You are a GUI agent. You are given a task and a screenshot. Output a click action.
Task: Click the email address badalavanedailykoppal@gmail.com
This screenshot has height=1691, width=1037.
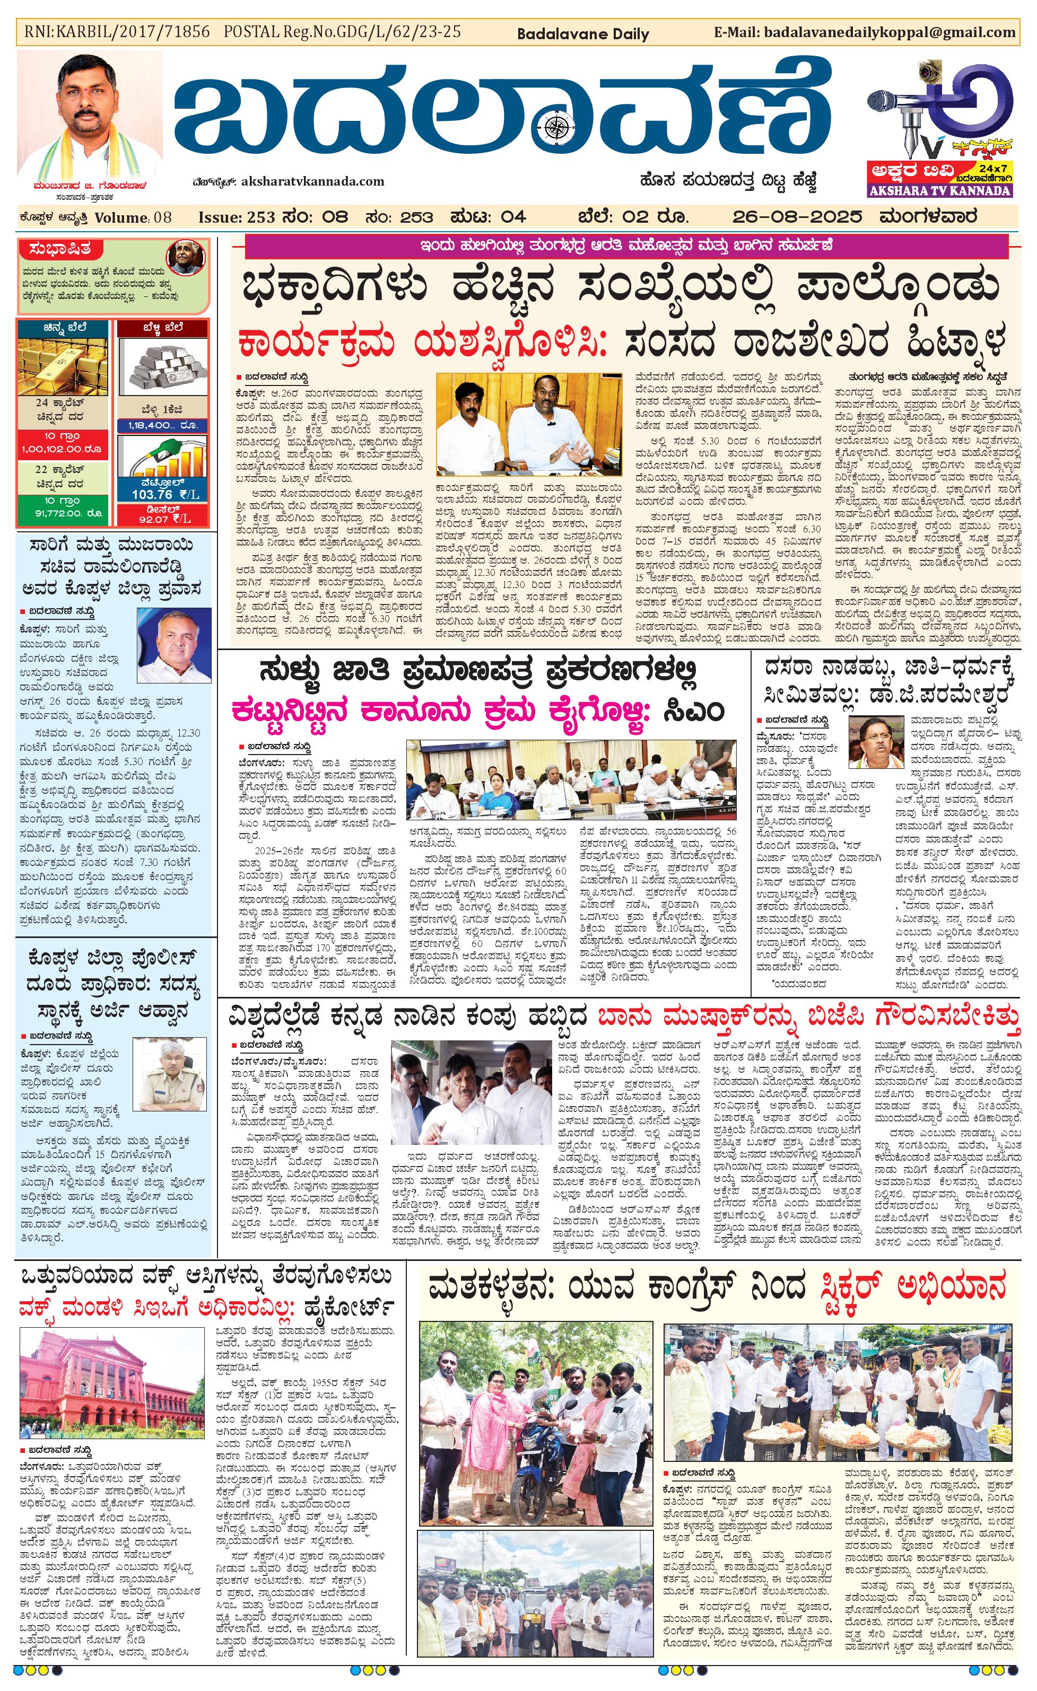tap(889, 32)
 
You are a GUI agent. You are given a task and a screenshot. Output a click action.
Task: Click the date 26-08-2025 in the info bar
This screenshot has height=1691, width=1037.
tap(797, 217)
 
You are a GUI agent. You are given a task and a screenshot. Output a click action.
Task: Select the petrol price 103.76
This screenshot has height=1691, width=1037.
tap(152, 494)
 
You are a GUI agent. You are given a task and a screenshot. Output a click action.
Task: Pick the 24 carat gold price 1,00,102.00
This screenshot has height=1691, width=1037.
tap(63, 450)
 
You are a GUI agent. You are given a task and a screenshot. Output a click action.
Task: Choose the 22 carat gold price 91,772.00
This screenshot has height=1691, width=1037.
tap(63, 513)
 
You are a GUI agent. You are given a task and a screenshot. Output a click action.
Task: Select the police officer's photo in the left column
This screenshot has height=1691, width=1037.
tap(168, 1075)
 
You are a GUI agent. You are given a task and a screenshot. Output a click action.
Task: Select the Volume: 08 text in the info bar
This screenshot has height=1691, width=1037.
tap(133, 217)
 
